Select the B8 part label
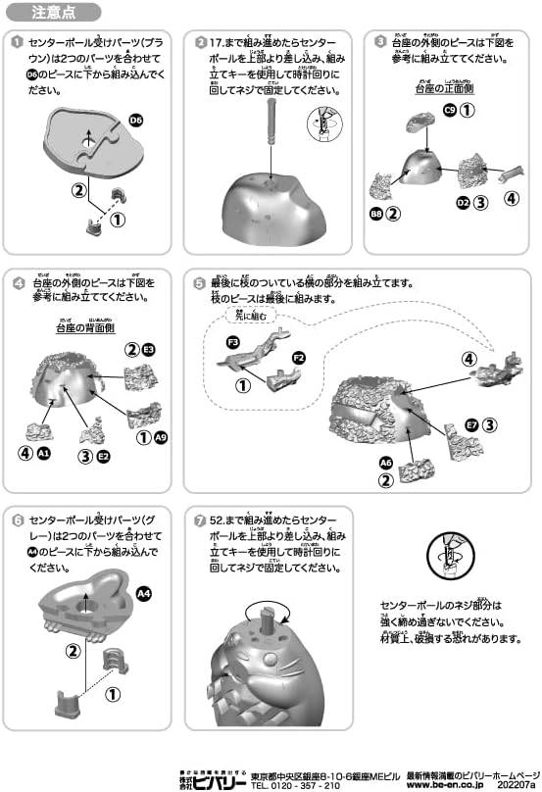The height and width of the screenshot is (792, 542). click(376, 213)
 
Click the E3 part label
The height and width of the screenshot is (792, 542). click(149, 349)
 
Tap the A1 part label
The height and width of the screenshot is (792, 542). click(42, 453)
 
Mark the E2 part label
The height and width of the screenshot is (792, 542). click(103, 456)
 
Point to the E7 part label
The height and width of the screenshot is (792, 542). click(471, 424)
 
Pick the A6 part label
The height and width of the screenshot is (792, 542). click(385, 462)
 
